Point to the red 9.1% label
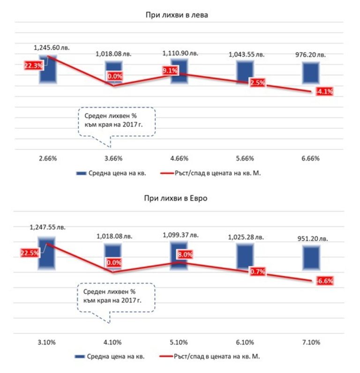pos(170,72)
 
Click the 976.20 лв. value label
pos(310,55)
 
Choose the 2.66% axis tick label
pos(48,159)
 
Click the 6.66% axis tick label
pos(310,159)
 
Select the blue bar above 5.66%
pos(245,73)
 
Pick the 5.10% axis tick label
pos(179,342)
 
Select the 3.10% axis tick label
pos(48,342)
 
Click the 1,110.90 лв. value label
pos(180,54)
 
